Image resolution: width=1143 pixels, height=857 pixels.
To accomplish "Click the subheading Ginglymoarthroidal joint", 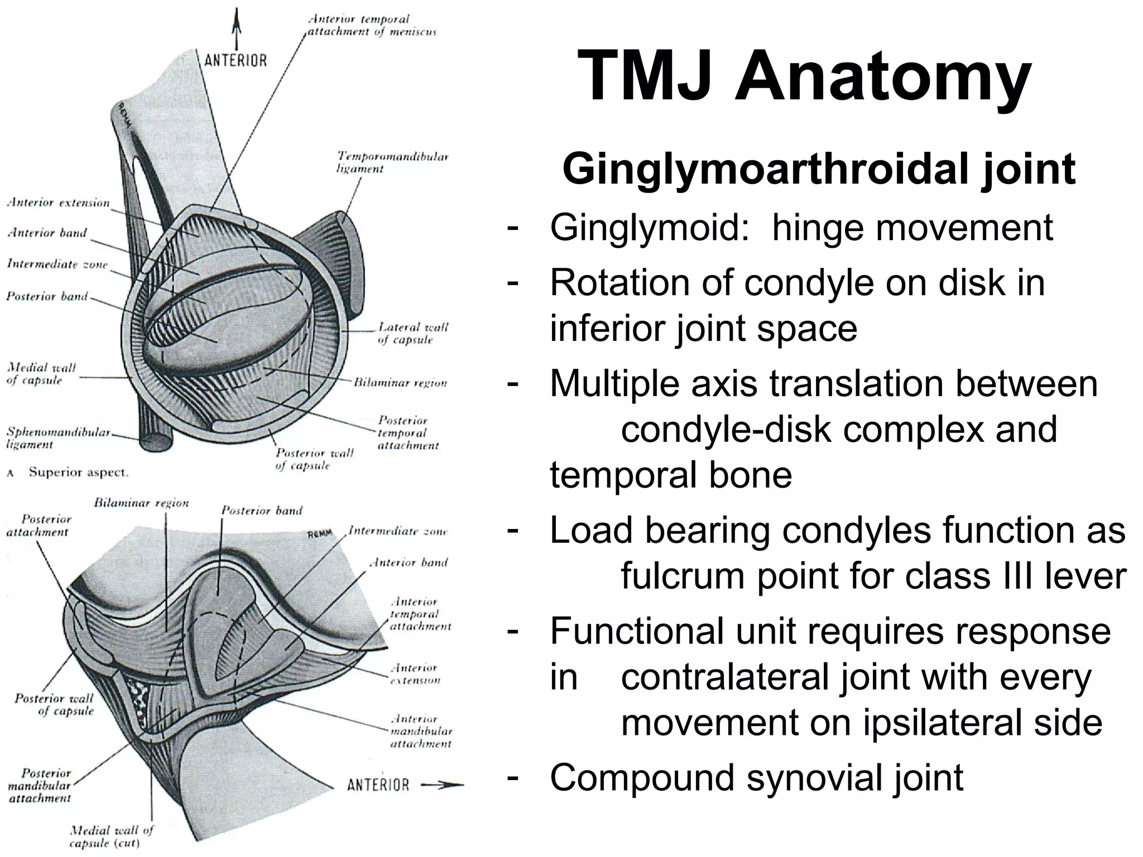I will click(819, 169).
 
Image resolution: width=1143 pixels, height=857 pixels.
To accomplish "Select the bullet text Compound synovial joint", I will click(756, 777).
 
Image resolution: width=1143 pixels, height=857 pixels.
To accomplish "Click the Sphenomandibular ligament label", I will click(59, 438).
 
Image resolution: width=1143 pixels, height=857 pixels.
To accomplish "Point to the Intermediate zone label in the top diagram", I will click(57, 264).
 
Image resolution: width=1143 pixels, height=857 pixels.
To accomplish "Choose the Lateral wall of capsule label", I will click(412, 333).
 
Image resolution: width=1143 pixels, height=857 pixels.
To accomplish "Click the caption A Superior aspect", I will click(68, 473).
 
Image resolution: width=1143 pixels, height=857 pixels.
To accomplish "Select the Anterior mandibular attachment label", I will click(421, 731).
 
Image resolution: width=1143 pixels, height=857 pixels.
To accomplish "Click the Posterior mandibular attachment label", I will click(40, 785).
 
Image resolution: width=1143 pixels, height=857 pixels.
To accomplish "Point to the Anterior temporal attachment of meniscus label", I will click(372, 25).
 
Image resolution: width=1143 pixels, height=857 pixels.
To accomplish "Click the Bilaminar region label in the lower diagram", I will click(141, 503).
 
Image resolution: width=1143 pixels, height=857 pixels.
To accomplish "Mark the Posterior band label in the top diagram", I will click(47, 296).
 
